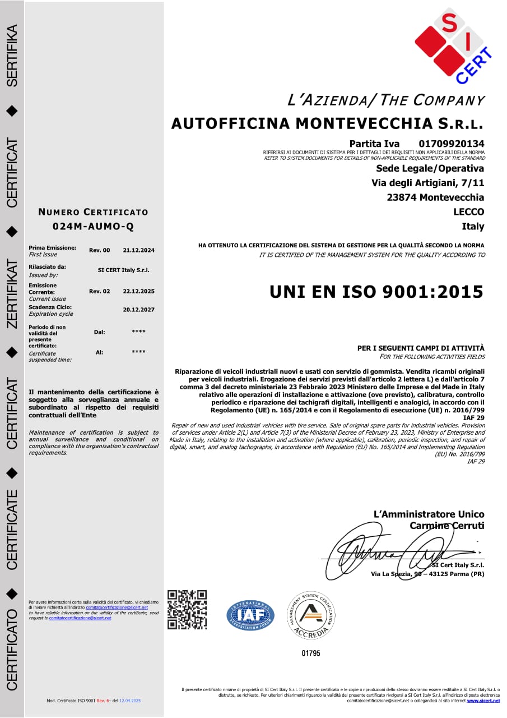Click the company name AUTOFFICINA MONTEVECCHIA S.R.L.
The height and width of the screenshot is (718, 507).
[x=327, y=123]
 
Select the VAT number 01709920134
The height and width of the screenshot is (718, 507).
[x=451, y=144]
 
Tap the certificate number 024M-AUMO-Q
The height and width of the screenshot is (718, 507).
[x=93, y=227]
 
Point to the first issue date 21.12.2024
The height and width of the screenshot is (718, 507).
[x=138, y=250]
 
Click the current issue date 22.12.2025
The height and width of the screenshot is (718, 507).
[x=138, y=291]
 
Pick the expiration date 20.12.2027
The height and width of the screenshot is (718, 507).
[x=138, y=310]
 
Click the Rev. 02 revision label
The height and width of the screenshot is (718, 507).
[x=100, y=291]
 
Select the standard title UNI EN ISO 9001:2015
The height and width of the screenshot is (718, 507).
[x=376, y=292]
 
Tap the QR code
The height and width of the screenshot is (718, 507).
[x=187, y=610]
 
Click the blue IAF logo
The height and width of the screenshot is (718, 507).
[x=250, y=615]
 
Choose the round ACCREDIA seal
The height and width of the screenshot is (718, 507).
[x=311, y=615]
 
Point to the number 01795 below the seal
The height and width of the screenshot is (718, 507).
[x=311, y=653]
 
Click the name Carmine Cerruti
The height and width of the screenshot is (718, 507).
[x=446, y=526]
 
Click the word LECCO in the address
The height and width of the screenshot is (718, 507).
[x=468, y=212]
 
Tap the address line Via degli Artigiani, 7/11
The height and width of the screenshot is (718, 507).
[x=427, y=183]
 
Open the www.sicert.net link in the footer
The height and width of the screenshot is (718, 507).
[x=483, y=701]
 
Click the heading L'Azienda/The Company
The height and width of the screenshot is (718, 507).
[x=385, y=100]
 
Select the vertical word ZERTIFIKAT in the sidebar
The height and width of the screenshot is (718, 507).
[x=13, y=293]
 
